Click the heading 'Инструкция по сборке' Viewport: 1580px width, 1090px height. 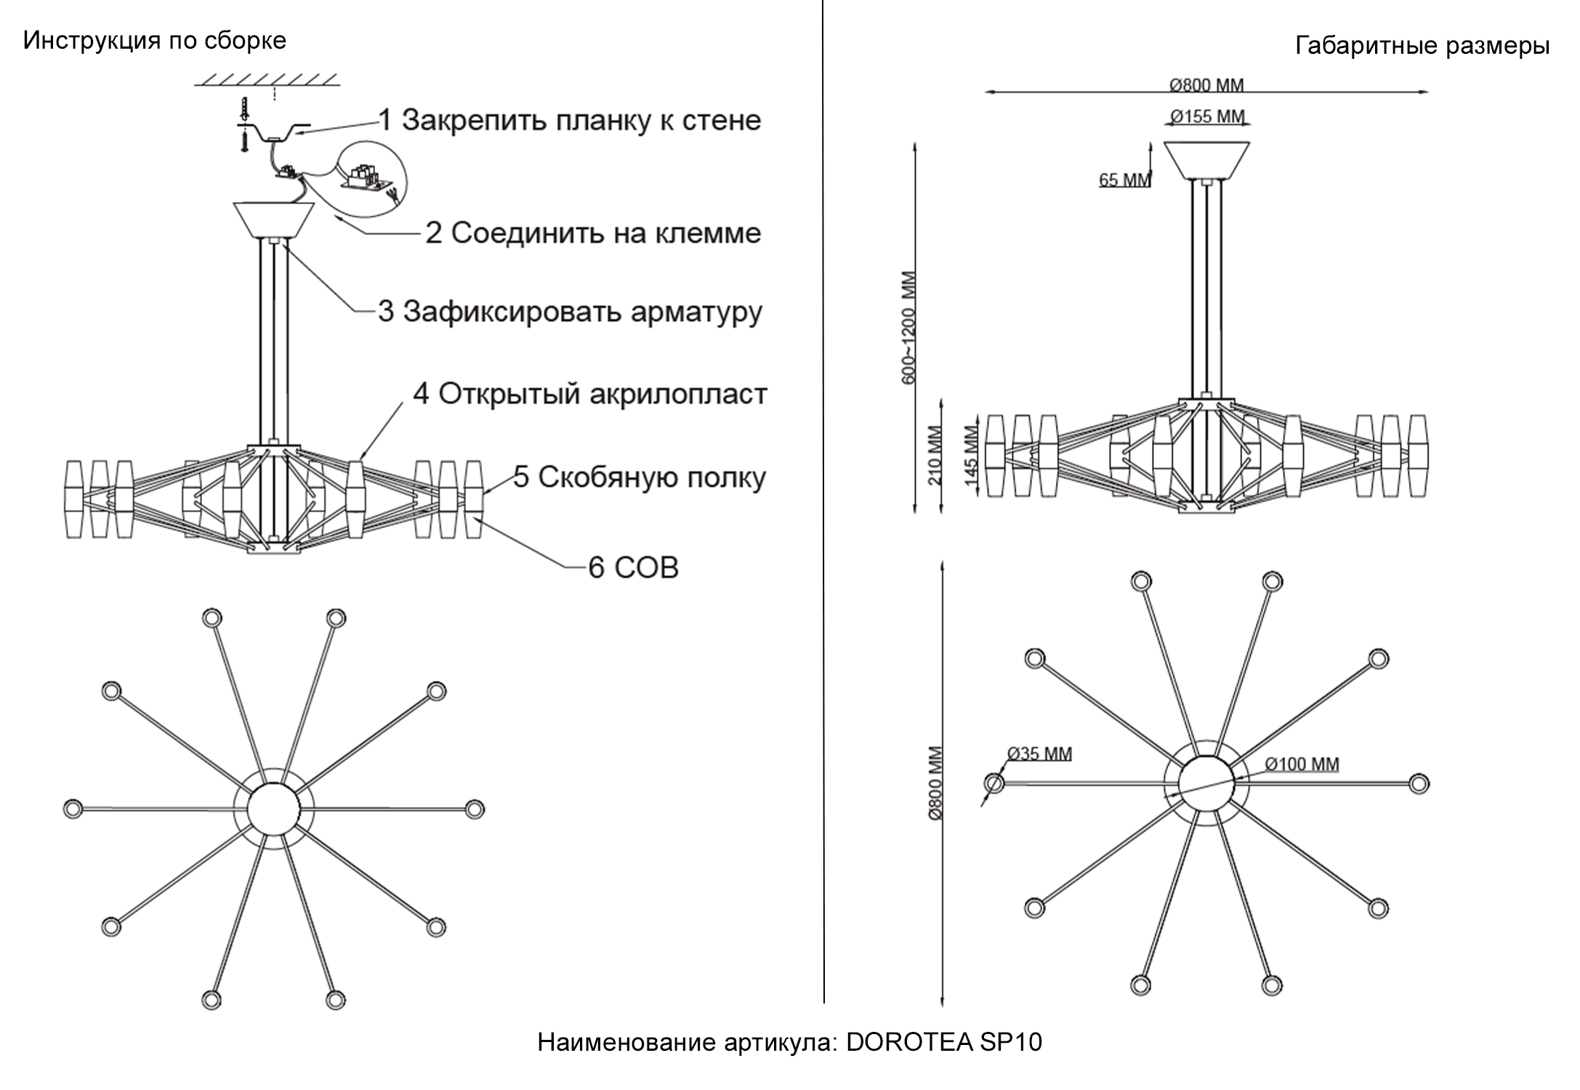[154, 41]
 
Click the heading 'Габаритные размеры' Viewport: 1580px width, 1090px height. [1422, 47]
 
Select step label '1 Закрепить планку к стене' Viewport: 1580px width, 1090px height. [570, 121]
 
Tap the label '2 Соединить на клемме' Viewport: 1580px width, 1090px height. [592, 233]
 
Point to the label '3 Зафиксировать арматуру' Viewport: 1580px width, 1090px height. [570, 311]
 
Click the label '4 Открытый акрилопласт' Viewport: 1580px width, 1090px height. [589, 395]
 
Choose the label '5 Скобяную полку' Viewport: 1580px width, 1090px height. [640, 477]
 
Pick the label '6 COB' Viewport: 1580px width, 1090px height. [633, 568]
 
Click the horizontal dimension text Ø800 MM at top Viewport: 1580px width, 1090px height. [1206, 85]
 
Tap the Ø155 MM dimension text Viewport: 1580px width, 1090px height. [1207, 116]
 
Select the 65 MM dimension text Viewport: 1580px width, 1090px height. [1124, 179]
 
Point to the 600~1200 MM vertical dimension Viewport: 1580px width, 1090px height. [909, 327]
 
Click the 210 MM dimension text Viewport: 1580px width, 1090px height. [935, 456]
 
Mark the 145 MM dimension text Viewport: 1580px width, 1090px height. [970, 456]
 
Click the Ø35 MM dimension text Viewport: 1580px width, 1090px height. [1039, 754]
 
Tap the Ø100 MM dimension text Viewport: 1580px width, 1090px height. [1301, 764]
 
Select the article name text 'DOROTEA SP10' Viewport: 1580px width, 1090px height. [943, 1042]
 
